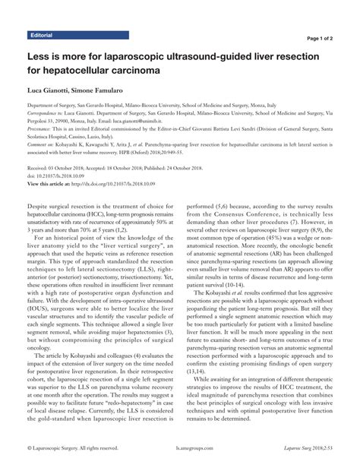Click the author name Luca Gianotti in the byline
pyautogui.click(x=49, y=90)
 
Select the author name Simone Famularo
pyautogui.click(x=107, y=90)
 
